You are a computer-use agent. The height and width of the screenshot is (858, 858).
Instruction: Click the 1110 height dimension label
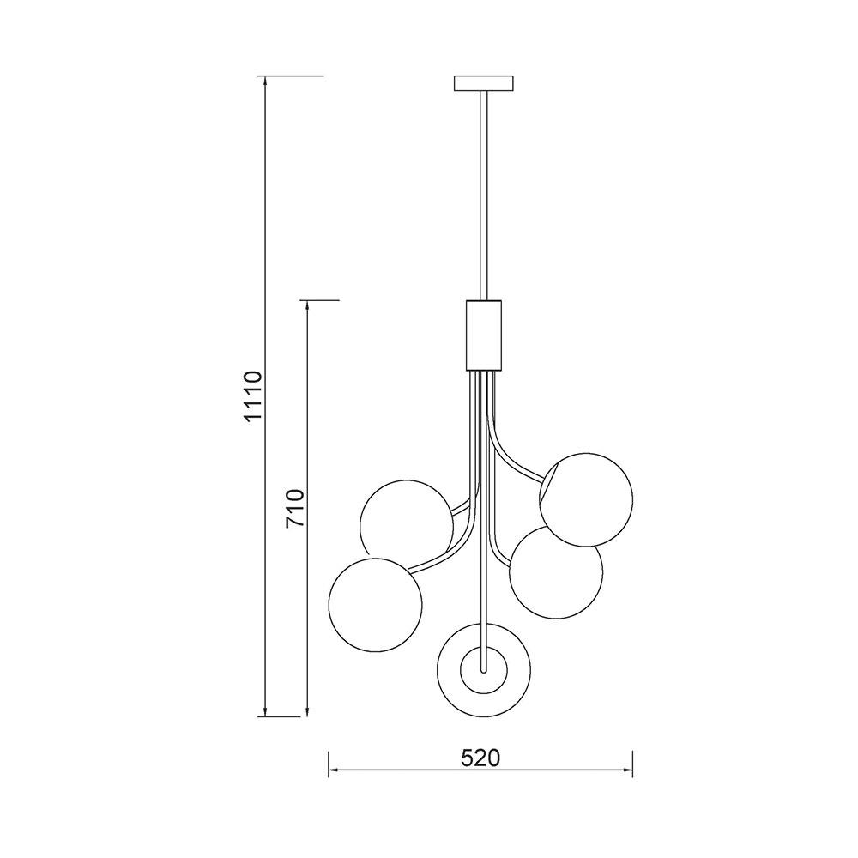[254, 396]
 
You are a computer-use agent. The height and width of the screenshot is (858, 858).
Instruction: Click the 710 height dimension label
[295, 508]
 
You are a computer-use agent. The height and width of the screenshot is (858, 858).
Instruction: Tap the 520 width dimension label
[480, 758]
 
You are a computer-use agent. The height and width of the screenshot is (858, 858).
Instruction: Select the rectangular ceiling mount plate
[484, 83]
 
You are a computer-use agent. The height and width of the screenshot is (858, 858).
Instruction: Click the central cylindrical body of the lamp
[484, 335]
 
